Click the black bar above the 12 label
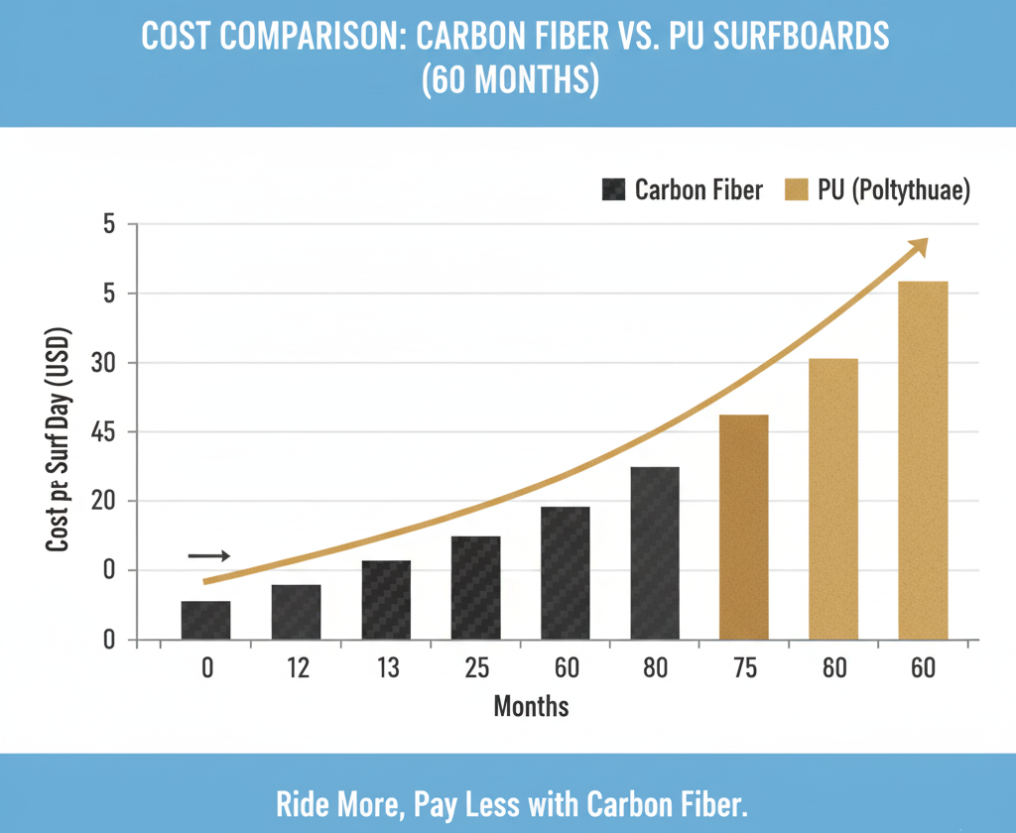296,612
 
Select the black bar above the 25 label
475,588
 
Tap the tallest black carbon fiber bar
655,553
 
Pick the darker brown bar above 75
744,527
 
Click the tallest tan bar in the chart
923,460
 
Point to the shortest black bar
205,620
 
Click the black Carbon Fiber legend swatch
614,189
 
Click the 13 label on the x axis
387,668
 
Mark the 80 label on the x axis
655,668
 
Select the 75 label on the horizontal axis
745,668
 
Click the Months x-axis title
531,707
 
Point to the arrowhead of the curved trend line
921,244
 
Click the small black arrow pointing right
209,556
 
